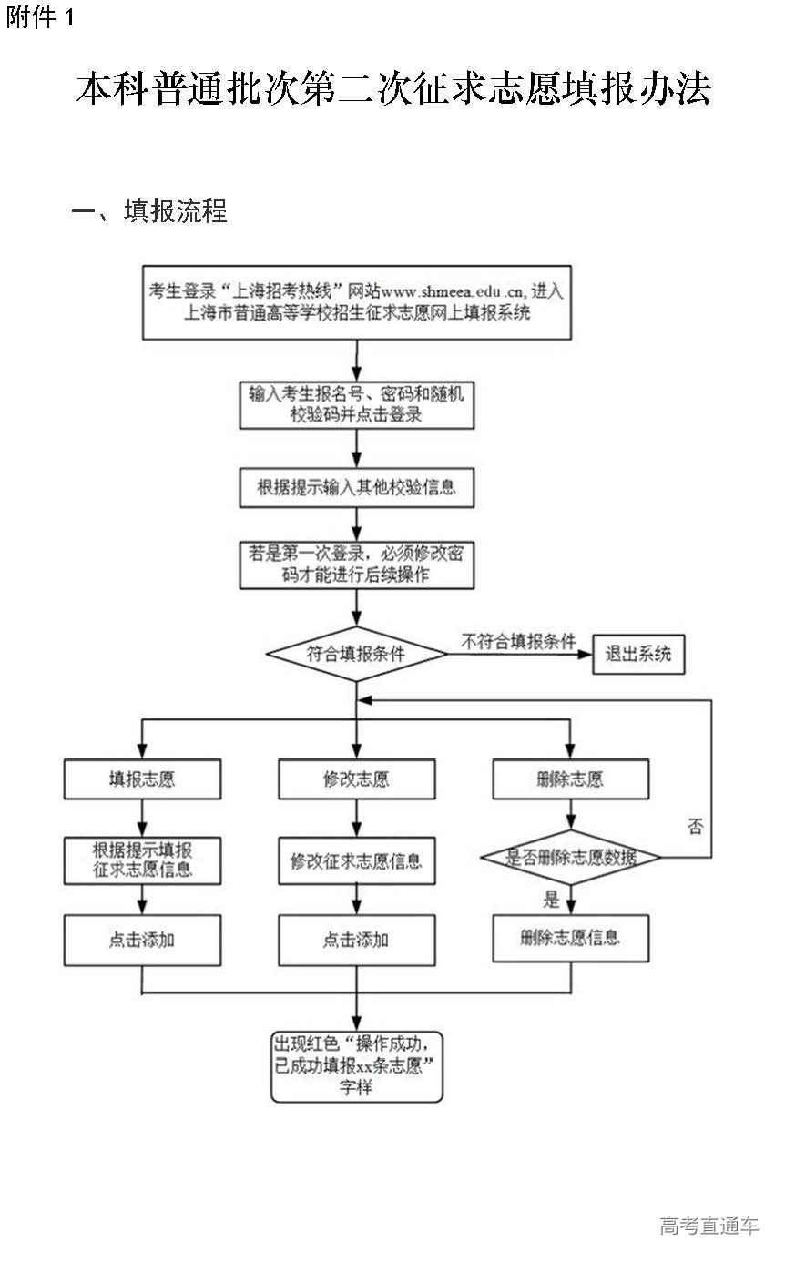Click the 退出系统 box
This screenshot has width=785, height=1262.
[x=638, y=655]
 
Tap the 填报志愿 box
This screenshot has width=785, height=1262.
[x=142, y=779]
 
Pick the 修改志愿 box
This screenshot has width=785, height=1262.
[x=356, y=779]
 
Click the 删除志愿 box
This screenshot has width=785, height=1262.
[x=571, y=779]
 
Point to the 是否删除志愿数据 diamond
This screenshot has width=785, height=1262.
[x=571, y=857]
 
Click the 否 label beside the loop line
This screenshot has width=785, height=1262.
[x=695, y=827]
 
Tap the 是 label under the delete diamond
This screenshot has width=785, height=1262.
[x=551, y=901]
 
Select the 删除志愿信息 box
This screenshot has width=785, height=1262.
[x=571, y=938]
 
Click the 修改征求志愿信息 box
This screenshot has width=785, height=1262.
[x=356, y=860]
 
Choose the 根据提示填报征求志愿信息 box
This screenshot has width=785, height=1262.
[x=142, y=860]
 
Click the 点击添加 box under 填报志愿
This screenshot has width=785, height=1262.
[x=142, y=940]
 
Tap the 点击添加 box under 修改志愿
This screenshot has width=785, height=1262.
[x=356, y=940]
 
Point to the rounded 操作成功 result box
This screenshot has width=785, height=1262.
[x=357, y=1065]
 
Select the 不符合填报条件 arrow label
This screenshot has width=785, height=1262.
[x=518, y=642]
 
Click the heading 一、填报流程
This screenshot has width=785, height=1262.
[x=149, y=211]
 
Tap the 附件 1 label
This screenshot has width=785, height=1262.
[x=40, y=18]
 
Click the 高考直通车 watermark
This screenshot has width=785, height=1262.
[x=709, y=1226]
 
